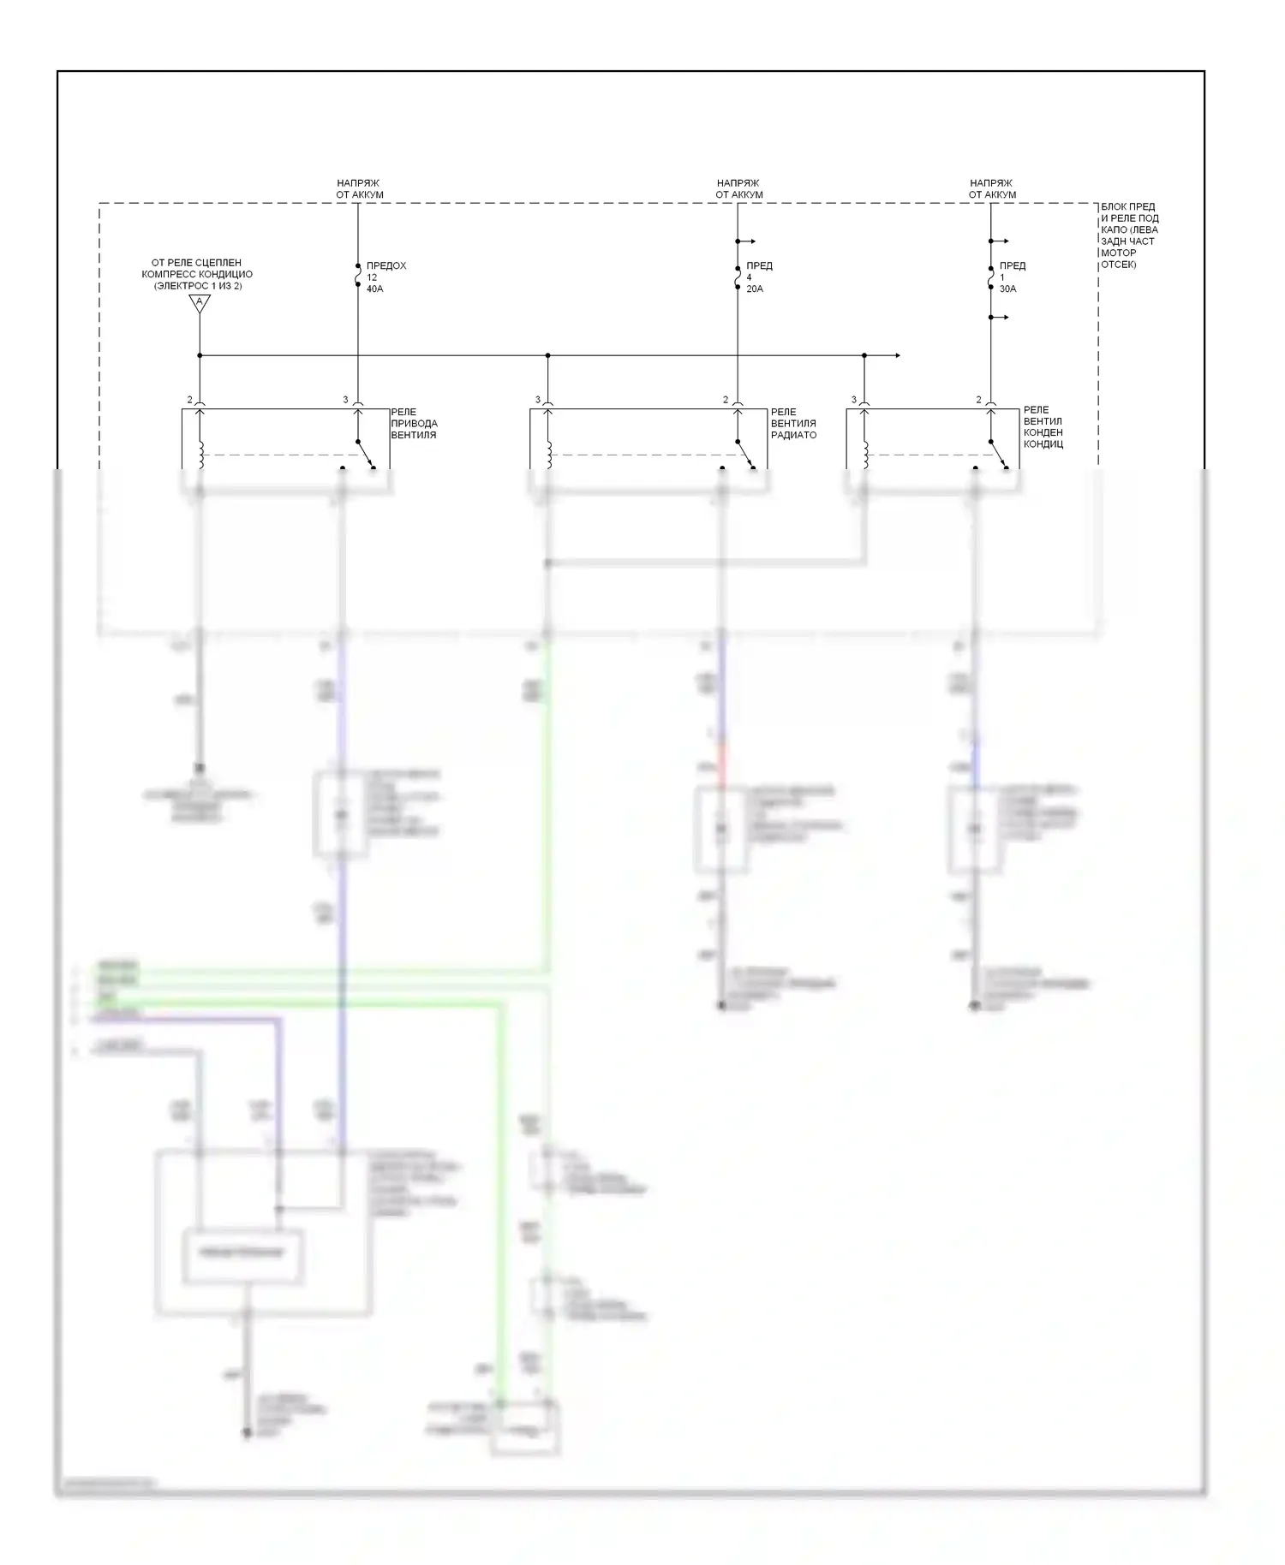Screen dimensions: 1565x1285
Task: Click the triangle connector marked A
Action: [x=200, y=302]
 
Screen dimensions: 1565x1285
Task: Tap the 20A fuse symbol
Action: [x=738, y=277]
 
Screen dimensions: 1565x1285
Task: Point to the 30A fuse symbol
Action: [x=990, y=277]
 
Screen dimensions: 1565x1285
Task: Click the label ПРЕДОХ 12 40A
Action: [x=385, y=277]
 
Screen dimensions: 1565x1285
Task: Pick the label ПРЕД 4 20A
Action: [x=759, y=277]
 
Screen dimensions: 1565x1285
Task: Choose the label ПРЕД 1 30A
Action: [x=1012, y=277]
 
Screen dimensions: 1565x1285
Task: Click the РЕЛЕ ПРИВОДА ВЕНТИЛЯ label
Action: [x=414, y=424]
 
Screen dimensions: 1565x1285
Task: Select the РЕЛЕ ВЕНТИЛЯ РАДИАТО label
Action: [x=793, y=424]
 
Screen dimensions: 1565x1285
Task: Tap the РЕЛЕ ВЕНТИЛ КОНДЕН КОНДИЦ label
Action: [x=1043, y=427]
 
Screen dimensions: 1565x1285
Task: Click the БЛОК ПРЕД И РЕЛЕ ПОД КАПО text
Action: [x=1129, y=235]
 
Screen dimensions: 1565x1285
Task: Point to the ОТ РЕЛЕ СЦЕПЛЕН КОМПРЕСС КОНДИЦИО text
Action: [x=197, y=274]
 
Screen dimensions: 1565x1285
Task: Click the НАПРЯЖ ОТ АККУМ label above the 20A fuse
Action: [x=738, y=189]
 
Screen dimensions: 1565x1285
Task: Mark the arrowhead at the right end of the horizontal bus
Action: [x=897, y=355]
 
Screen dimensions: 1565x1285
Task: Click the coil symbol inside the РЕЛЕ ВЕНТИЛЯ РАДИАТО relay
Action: [x=548, y=455]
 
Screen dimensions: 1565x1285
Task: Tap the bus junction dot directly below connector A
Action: [x=200, y=355]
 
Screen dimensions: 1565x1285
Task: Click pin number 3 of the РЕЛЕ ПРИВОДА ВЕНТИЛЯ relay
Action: [x=346, y=400]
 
